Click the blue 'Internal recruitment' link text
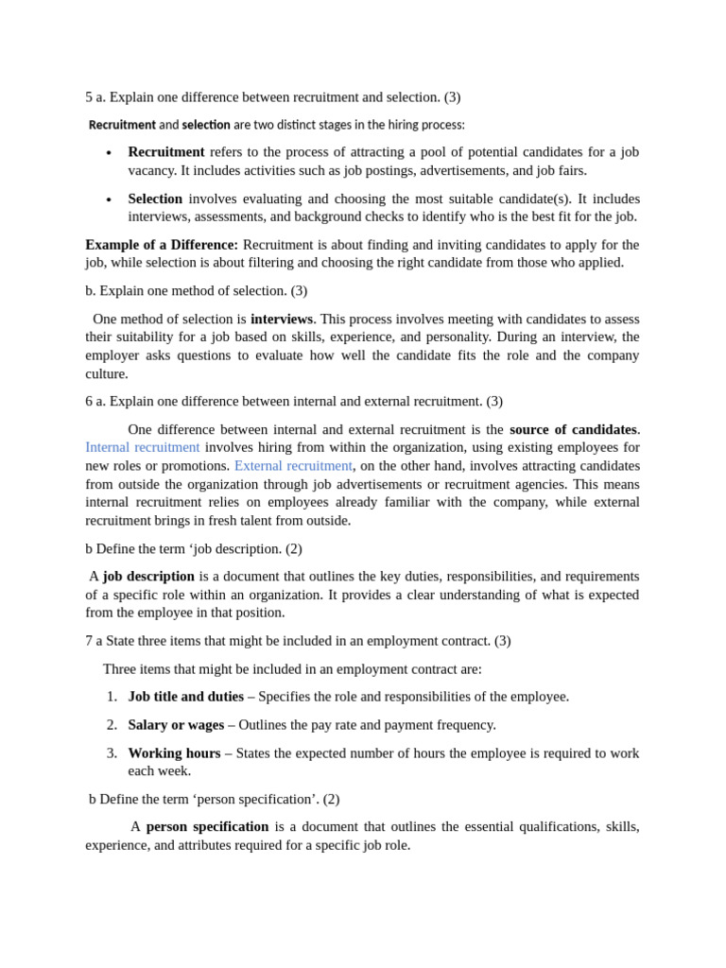point(142,447)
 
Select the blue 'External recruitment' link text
point(293,465)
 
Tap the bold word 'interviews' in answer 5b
point(282,318)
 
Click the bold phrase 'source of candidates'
point(573,429)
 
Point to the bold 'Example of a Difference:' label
point(162,244)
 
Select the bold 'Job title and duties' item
point(185,696)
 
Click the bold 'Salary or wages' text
point(176,724)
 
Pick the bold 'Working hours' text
point(174,752)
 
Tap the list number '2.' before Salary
point(112,724)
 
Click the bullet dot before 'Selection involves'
point(109,199)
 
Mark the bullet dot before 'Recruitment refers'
point(109,152)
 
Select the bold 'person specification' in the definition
point(207,826)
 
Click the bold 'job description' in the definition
point(148,576)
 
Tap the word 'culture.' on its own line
point(107,373)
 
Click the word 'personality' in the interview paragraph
point(554,337)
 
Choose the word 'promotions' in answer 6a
point(196,465)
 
